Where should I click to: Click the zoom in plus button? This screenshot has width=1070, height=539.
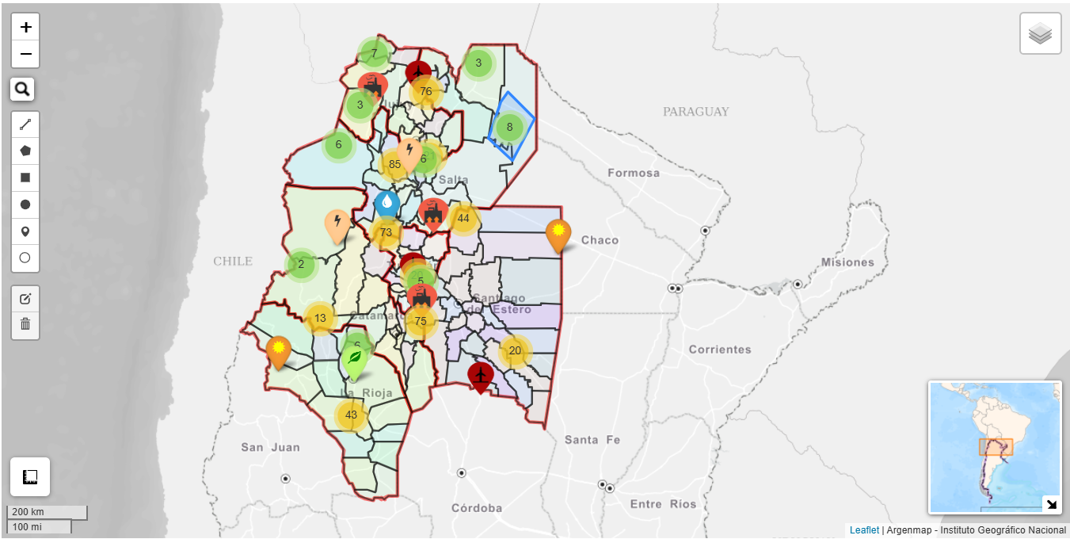pos(25,27)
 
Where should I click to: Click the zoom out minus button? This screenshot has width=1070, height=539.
pos(25,54)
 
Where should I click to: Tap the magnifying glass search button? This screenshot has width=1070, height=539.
pos(22,90)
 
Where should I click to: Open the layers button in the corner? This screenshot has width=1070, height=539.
pos(1040,33)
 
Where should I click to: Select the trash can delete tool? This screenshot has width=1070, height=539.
pos(25,323)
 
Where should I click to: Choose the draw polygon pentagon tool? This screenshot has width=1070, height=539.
pos(25,151)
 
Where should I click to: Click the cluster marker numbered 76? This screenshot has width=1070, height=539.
pos(426,91)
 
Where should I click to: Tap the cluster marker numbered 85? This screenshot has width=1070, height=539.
pos(394,165)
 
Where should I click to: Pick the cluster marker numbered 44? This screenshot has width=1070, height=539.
pos(463,218)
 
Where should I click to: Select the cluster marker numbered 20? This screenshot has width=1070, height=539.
pos(515,351)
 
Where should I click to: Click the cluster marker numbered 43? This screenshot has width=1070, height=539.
pos(351,415)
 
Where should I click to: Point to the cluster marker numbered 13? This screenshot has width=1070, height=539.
pos(320,319)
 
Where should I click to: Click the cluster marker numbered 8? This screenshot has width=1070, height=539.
pos(509,127)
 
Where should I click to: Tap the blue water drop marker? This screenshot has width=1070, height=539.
pos(386,204)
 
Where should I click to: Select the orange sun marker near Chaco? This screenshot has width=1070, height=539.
pos(558,232)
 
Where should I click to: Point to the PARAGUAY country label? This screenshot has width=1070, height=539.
pos(695,112)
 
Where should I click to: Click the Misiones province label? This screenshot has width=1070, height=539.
pos(847,262)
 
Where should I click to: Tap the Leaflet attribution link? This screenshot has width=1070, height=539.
pos(864,529)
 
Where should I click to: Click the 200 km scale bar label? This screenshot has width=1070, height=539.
pos(28,512)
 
